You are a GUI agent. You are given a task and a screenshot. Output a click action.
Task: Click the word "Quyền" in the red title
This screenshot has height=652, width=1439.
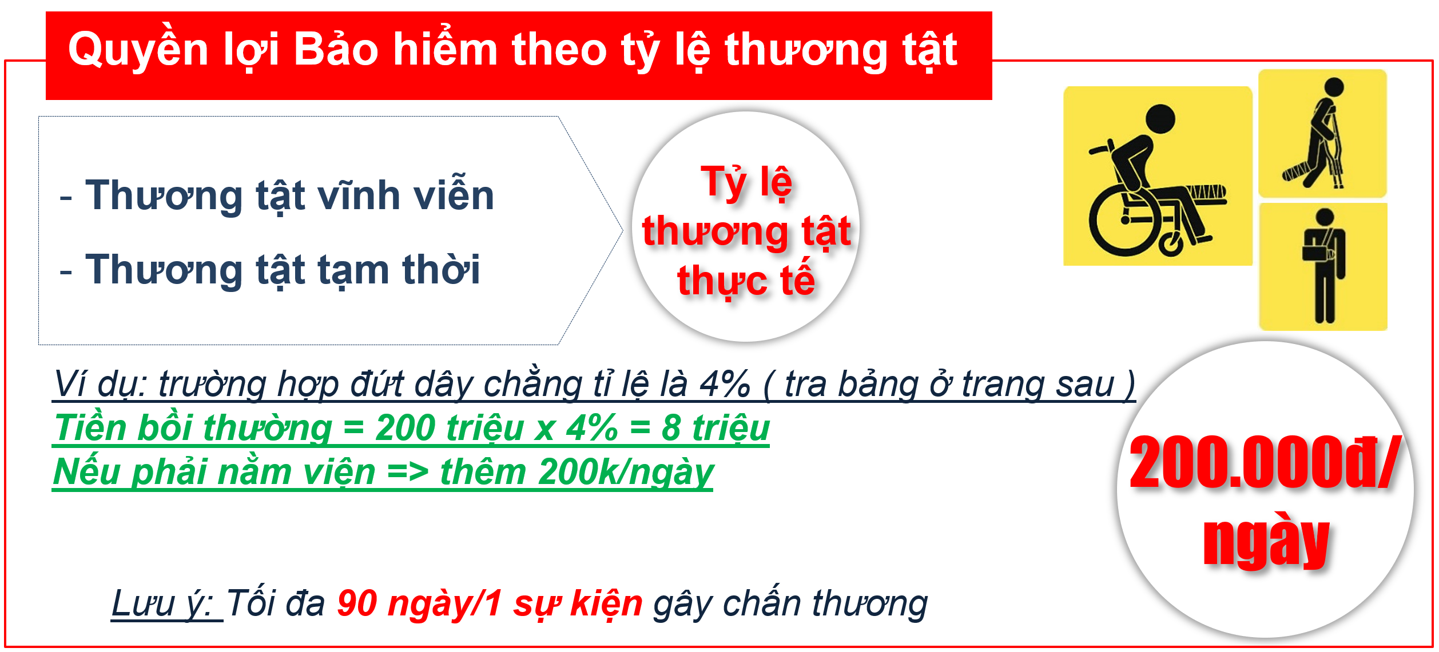point(138,49)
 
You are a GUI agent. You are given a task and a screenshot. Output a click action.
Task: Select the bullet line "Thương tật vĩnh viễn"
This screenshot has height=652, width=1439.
point(289,195)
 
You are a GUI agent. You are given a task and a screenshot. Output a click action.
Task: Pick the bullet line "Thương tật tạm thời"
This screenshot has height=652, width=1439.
point(283,270)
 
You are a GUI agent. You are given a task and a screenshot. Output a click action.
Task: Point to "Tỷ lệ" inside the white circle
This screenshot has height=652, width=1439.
point(746,182)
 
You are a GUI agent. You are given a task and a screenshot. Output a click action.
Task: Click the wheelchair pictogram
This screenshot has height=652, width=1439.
point(1158,176)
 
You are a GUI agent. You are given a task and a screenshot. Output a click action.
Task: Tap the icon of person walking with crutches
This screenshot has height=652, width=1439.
point(1322,134)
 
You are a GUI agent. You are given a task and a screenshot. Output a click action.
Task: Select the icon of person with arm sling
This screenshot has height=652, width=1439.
point(1323,267)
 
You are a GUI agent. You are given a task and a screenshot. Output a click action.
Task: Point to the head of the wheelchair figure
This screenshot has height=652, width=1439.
point(1160,120)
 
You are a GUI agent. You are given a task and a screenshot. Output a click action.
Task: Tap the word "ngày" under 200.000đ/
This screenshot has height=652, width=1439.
point(1266,539)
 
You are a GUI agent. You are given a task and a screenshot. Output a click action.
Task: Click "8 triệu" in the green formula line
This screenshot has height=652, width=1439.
point(715,427)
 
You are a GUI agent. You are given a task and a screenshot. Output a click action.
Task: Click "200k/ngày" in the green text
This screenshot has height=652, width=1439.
point(626,472)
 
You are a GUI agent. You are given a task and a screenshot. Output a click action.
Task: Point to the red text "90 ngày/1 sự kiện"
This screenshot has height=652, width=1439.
point(490,603)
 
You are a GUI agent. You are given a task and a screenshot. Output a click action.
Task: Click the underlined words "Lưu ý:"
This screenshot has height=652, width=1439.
point(167,603)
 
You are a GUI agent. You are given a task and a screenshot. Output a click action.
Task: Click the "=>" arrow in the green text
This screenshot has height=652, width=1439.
point(408,473)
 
